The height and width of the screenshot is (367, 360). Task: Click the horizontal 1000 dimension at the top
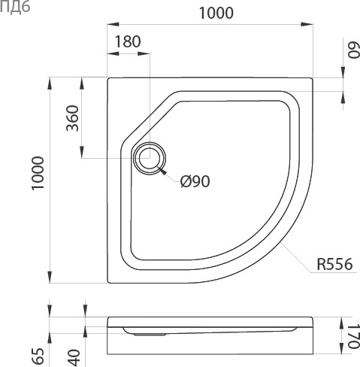pos(216,13)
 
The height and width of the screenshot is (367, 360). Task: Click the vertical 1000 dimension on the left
pos(38,173)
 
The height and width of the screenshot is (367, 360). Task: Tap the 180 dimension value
pos(128,41)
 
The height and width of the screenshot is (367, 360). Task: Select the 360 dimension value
pos(72,118)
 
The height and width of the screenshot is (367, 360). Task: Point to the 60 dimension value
pos(353,50)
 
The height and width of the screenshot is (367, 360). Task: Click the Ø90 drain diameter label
pos(195,181)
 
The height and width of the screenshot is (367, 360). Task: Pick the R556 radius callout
pos(334,264)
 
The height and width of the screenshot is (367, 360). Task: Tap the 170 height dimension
pos(353,336)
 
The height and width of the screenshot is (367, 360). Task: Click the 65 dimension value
pos(38,356)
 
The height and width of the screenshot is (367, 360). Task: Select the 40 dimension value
pos(74,358)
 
